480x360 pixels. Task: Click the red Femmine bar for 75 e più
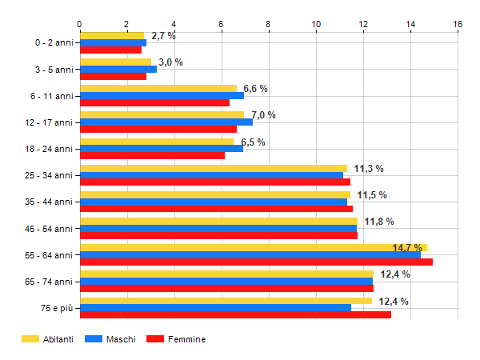pyautogui.click(x=235, y=314)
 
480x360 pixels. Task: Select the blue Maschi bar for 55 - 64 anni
pyautogui.click(x=250, y=254)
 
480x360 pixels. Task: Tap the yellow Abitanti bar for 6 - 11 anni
pyautogui.click(x=158, y=89)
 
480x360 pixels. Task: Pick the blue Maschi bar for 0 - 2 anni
pyautogui.click(x=113, y=42)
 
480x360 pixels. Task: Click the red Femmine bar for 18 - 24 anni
pyautogui.click(x=152, y=155)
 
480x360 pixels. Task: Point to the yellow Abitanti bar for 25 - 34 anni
pyautogui.click(x=213, y=168)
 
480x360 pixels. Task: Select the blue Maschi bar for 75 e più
pyautogui.click(x=215, y=307)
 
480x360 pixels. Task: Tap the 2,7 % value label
pyautogui.click(x=163, y=36)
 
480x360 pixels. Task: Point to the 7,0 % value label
pyautogui.click(x=263, y=115)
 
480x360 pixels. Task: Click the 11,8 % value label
pyautogui.click(x=379, y=222)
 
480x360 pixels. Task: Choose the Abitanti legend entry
pyautogui.click(x=47, y=339)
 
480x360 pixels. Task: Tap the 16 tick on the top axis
pyautogui.click(x=458, y=24)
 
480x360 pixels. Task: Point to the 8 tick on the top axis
pyautogui.click(x=268, y=24)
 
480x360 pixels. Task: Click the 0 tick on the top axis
pyautogui.click(x=79, y=24)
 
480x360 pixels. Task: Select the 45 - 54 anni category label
pyautogui.click(x=50, y=228)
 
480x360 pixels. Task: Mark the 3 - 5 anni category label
pyautogui.click(x=52, y=70)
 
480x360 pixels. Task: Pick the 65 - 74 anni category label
pyautogui.click(x=50, y=281)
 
